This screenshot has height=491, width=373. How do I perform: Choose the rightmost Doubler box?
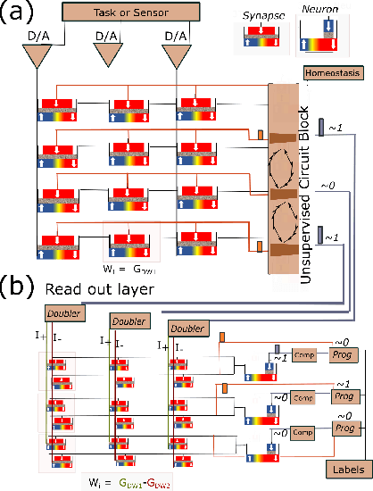(x=186, y=329)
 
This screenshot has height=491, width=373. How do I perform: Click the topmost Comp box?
(x=304, y=356)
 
